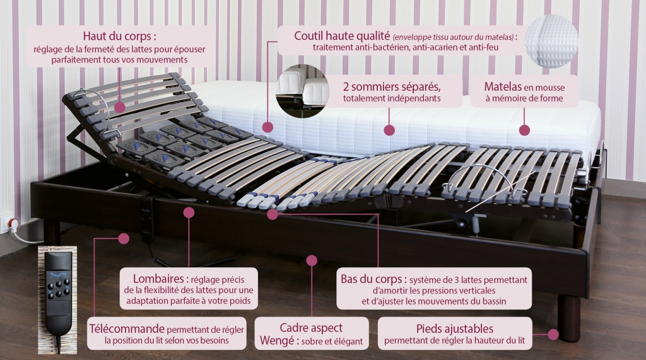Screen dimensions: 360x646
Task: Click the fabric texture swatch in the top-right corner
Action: click(x=551, y=41)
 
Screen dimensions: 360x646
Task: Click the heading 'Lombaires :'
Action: click(x=158, y=278)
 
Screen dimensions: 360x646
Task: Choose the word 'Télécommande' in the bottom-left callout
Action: click(x=126, y=328)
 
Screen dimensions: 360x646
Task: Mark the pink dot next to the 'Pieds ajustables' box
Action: click(x=553, y=334)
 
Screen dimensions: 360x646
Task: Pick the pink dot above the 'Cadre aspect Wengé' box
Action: click(x=311, y=260)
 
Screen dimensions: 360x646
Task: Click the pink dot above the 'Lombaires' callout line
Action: click(x=188, y=212)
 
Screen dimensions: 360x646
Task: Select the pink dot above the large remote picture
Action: click(x=124, y=238)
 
